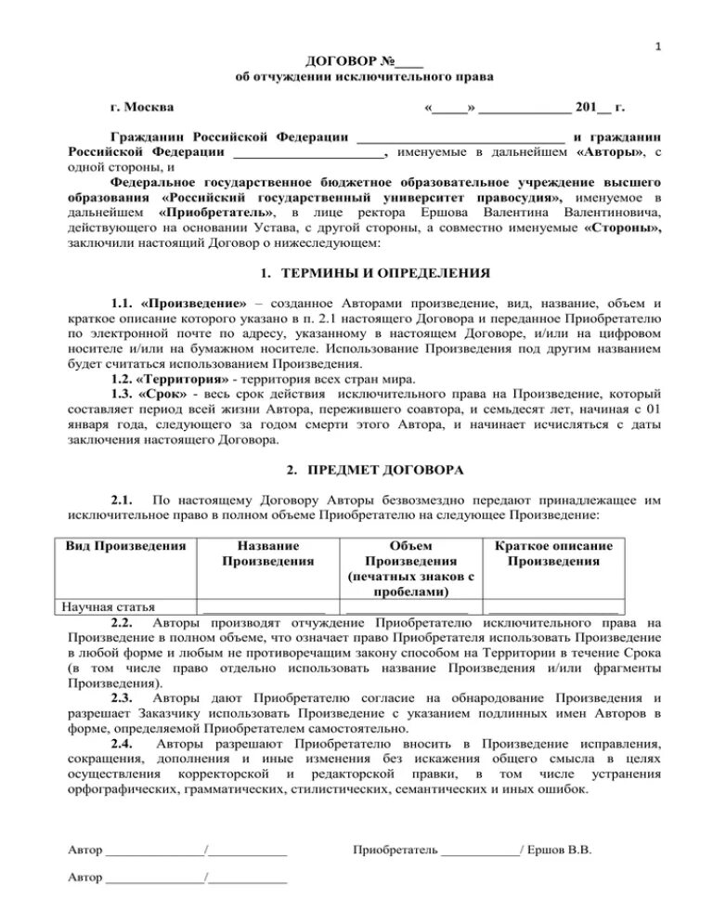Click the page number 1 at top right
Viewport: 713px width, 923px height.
point(657,46)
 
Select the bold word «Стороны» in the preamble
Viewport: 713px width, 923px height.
point(623,228)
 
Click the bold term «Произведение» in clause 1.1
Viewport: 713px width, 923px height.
point(195,304)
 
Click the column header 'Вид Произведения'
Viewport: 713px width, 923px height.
point(126,546)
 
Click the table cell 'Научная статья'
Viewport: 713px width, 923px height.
point(109,608)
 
